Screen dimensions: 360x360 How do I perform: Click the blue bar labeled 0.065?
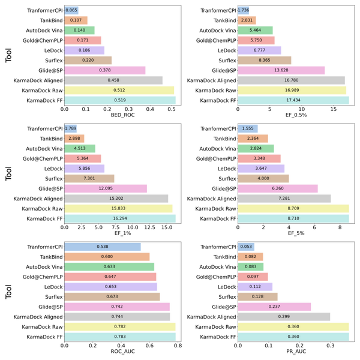tap(71, 10)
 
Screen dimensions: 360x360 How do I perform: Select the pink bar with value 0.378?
tap(105, 70)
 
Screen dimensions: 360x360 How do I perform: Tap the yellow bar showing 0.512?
tap(119, 90)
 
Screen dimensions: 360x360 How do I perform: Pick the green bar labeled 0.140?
tap(79, 30)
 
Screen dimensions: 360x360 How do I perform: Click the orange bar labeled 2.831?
tap(247, 20)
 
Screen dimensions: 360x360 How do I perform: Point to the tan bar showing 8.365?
tap(265, 60)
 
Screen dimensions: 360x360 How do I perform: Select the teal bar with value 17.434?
tap(293, 100)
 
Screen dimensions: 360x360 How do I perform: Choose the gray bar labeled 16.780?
tap(291, 80)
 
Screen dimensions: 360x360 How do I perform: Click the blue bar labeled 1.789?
tap(71, 128)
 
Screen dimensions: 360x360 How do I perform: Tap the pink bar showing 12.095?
tap(106, 188)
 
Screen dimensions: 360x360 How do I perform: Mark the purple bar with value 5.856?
tap(85, 168)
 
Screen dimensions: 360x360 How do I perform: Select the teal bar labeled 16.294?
tap(120, 218)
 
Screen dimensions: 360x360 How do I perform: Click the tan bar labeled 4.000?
tap(263, 178)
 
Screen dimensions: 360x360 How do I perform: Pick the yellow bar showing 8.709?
tap(293, 208)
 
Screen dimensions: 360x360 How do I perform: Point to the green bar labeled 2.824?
tap(256, 148)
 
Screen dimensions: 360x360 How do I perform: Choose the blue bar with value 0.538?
tap(103, 247)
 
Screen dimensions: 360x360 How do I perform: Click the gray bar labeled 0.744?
tap(118, 316)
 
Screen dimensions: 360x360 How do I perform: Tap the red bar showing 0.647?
tap(110, 277)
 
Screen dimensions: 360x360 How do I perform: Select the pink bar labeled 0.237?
tap(274, 307)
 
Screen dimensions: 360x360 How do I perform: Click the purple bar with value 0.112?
tap(255, 286)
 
